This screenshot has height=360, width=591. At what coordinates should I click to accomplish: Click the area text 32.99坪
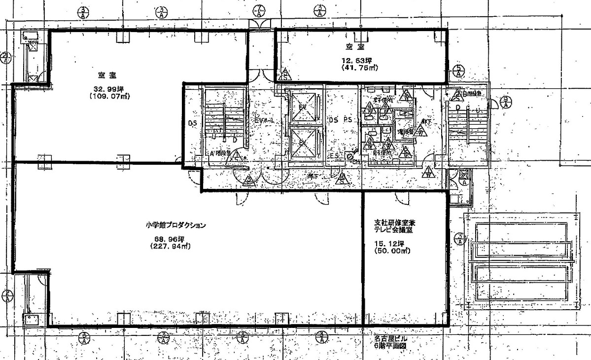pos(109,89)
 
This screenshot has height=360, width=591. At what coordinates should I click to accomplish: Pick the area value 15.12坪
pos(389,243)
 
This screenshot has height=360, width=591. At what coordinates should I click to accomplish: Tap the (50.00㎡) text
pos(389,251)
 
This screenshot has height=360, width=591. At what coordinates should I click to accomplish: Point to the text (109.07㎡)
pos(109,97)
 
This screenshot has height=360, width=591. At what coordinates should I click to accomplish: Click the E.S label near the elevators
pos(335,156)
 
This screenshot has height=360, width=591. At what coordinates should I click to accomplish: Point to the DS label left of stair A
pos(192,123)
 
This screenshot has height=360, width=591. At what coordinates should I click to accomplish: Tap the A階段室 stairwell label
pos(220,154)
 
